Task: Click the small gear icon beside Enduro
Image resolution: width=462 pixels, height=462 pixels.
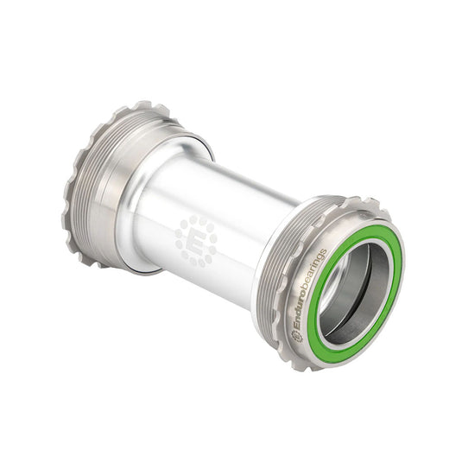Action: [299, 336]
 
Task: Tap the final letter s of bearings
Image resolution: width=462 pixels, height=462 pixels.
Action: [324, 251]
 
